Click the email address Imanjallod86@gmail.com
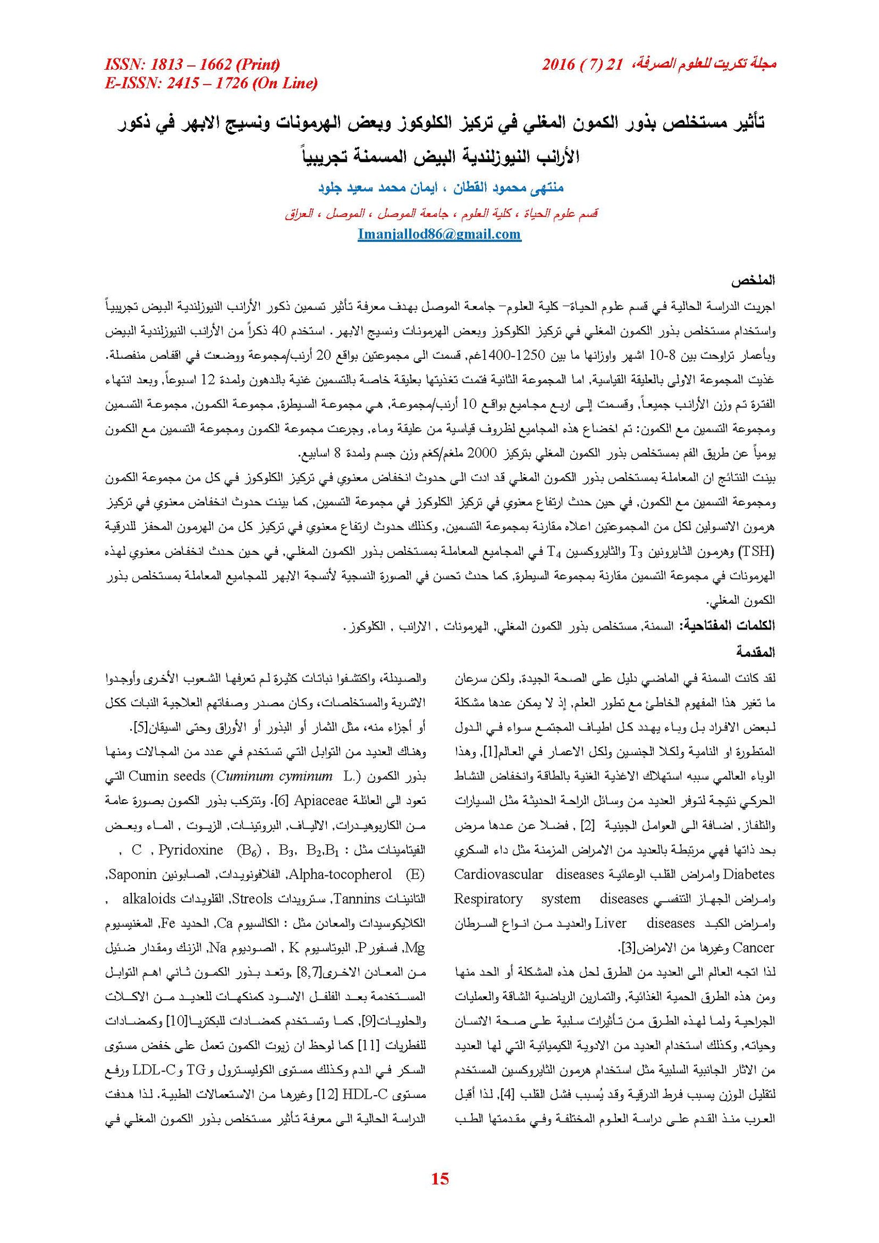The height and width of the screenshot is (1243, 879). point(439,235)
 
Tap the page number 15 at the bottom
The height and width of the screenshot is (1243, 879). point(440,1178)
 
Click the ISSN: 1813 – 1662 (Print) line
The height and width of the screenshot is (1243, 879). point(192,65)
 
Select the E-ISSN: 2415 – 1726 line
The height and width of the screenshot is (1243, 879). point(211,83)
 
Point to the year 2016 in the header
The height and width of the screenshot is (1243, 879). point(559,65)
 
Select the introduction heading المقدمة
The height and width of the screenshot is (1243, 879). point(755,653)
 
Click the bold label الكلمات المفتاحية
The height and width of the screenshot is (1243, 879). point(727,626)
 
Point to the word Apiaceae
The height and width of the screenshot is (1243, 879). point(321,800)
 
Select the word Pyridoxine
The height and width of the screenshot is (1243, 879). point(191,850)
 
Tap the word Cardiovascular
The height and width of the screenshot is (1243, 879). point(498,874)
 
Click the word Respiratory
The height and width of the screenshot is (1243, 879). point(488,899)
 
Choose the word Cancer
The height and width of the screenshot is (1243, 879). point(754,947)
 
